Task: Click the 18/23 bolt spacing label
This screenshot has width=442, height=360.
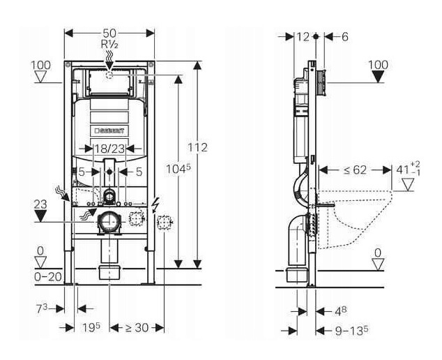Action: [x=108, y=148]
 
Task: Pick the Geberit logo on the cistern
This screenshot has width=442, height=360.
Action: [x=109, y=130]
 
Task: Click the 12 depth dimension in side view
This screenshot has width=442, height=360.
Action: [x=302, y=36]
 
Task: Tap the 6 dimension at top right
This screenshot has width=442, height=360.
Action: [x=344, y=36]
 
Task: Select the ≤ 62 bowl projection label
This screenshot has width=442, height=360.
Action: [x=349, y=169]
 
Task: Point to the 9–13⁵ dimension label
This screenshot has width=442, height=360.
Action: [x=352, y=327]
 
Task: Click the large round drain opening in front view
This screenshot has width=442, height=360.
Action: [x=109, y=223]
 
